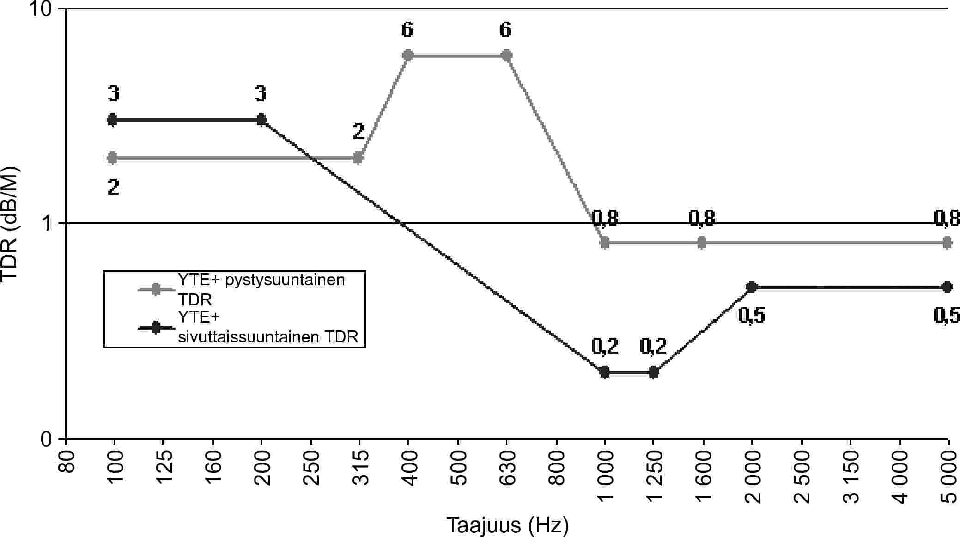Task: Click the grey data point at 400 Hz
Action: [x=408, y=55]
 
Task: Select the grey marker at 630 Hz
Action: [x=506, y=55]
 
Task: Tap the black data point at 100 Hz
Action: [x=113, y=120]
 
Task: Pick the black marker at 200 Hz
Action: [x=261, y=120]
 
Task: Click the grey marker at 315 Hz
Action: [x=358, y=158]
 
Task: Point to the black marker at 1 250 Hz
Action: [x=653, y=372]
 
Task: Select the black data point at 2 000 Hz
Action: [x=752, y=287]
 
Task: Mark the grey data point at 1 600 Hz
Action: [x=702, y=243]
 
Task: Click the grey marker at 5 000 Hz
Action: [x=948, y=243]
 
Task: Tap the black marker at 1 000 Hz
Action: [x=605, y=372]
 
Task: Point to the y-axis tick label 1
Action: [x=46, y=224]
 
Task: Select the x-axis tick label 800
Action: [x=557, y=467]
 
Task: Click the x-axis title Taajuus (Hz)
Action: [x=507, y=526]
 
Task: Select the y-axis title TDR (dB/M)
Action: [x=10, y=224]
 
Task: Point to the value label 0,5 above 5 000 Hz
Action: [x=947, y=315]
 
